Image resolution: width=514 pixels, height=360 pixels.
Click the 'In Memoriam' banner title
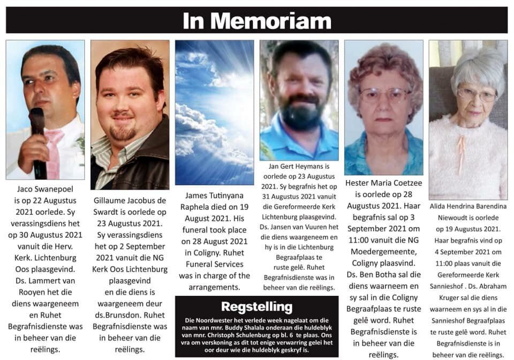pos(257,20)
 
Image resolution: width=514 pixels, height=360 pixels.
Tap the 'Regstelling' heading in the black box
pos(257,307)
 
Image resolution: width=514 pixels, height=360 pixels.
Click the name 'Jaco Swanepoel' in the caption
pos(44,189)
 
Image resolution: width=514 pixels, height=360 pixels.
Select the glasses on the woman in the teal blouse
pos(385,95)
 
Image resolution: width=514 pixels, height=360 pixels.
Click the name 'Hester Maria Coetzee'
pos(383,183)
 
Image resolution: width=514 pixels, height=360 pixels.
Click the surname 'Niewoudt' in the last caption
pos(451,218)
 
